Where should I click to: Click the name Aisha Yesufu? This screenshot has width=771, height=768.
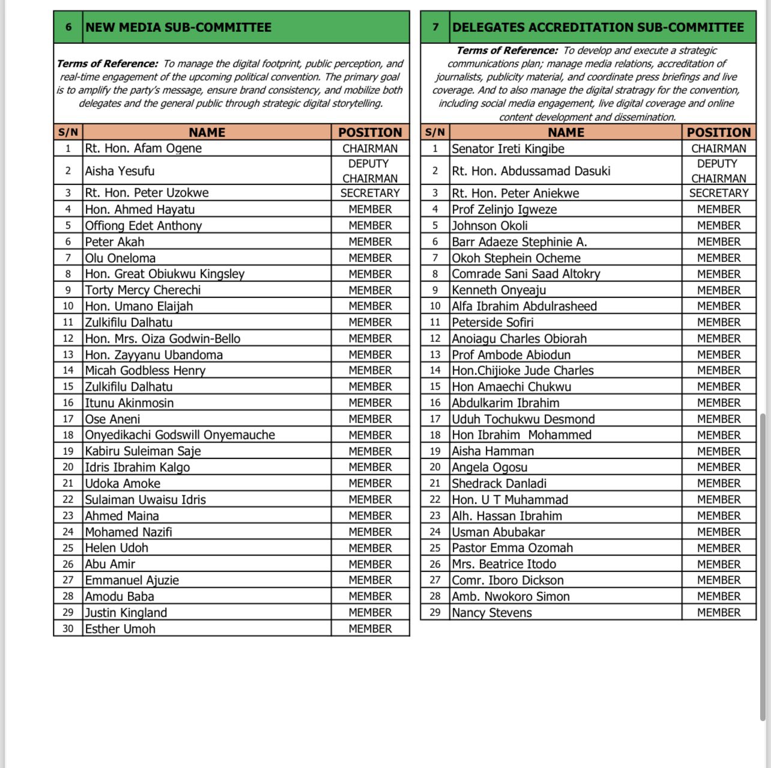point(119,171)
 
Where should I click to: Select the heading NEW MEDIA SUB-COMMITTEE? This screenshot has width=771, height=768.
point(178,27)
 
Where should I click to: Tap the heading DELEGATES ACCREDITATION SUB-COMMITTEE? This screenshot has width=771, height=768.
point(597,27)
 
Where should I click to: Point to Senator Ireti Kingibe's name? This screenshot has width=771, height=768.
point(507,149)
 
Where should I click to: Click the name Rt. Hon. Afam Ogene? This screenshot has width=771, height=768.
point(143,148)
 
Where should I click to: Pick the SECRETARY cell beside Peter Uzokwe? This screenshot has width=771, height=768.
point(370,193)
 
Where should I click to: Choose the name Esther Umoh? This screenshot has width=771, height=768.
point(120,629)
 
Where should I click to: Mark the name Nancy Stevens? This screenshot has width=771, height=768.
point(492,613)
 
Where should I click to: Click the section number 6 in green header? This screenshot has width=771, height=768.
point(68,27)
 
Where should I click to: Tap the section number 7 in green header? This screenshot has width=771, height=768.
point(435,27)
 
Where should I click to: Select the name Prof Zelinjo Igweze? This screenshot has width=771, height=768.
point(504,210)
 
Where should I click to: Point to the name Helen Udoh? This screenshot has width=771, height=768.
point(116,548)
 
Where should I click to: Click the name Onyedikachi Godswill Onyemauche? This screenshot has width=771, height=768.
point(180,435)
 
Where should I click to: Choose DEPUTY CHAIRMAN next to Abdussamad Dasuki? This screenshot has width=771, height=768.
point(718,171)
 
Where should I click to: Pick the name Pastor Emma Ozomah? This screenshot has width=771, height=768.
point(512,548)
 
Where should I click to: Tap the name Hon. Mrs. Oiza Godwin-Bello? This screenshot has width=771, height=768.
point(162,339)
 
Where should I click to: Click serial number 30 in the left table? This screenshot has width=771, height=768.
point(68,629)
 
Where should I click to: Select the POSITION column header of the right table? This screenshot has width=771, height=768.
point(718,132)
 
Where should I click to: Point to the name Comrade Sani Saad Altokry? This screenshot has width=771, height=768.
point(525,274)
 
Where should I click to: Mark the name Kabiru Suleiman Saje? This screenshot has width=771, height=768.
point(143,451)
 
